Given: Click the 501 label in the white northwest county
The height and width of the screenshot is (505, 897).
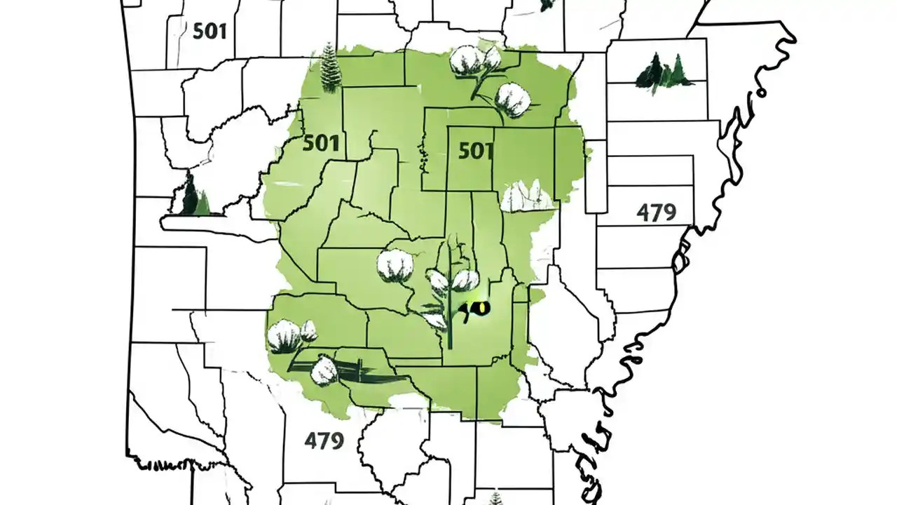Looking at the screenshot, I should pos(209,32).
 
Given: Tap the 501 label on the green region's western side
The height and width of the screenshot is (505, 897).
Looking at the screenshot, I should pos(322,144).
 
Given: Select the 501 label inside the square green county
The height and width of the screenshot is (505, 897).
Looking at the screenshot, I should pos(476,150).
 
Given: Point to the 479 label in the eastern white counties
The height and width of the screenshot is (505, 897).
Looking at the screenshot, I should pos(657,212).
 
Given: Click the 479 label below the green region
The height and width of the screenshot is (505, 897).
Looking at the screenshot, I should pos(324,440).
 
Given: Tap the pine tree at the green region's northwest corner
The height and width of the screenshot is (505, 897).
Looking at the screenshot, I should pos(329,68).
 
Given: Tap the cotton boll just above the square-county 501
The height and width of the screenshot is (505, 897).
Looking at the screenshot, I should pos(513,100).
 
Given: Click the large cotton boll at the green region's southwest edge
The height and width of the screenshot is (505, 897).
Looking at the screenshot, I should pos(286,335).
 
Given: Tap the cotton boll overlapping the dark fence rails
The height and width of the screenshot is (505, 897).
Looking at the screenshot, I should pos(325,370).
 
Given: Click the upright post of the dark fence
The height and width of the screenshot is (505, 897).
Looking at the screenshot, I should pos(359,370).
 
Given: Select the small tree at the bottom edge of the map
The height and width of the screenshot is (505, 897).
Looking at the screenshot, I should pos(496,497).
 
